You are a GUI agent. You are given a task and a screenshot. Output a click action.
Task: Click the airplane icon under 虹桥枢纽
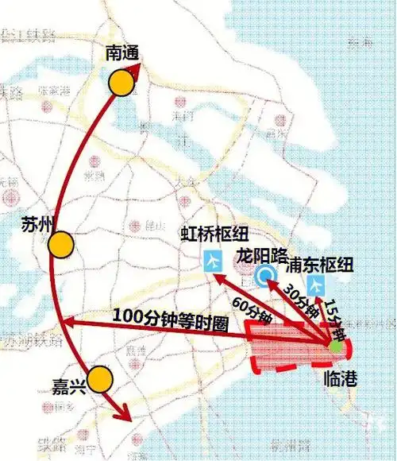coord(214,261)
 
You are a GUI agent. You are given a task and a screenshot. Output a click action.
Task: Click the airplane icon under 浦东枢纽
coord(317,284)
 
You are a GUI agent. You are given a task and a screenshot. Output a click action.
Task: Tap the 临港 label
coord(341,378)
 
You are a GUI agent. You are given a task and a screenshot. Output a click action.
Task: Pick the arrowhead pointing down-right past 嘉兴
coord(124,415)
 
